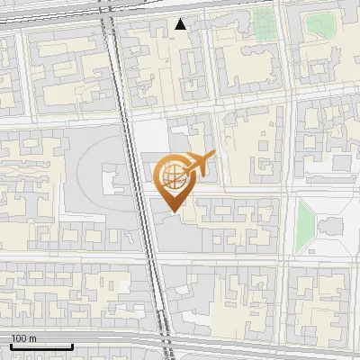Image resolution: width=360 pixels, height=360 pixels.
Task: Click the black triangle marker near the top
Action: pos(181,24)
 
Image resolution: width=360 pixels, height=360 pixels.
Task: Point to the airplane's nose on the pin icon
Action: pos(213,157)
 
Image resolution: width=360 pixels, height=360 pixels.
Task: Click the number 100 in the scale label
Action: pos(20,338)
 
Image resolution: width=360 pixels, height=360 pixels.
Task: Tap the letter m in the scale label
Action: pos(32,338)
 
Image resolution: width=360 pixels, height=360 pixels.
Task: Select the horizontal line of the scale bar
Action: pos(40,346)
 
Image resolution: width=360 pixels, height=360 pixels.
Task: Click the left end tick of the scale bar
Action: pos(11,345)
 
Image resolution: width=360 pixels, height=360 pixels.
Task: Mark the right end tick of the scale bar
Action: pos(71,345)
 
